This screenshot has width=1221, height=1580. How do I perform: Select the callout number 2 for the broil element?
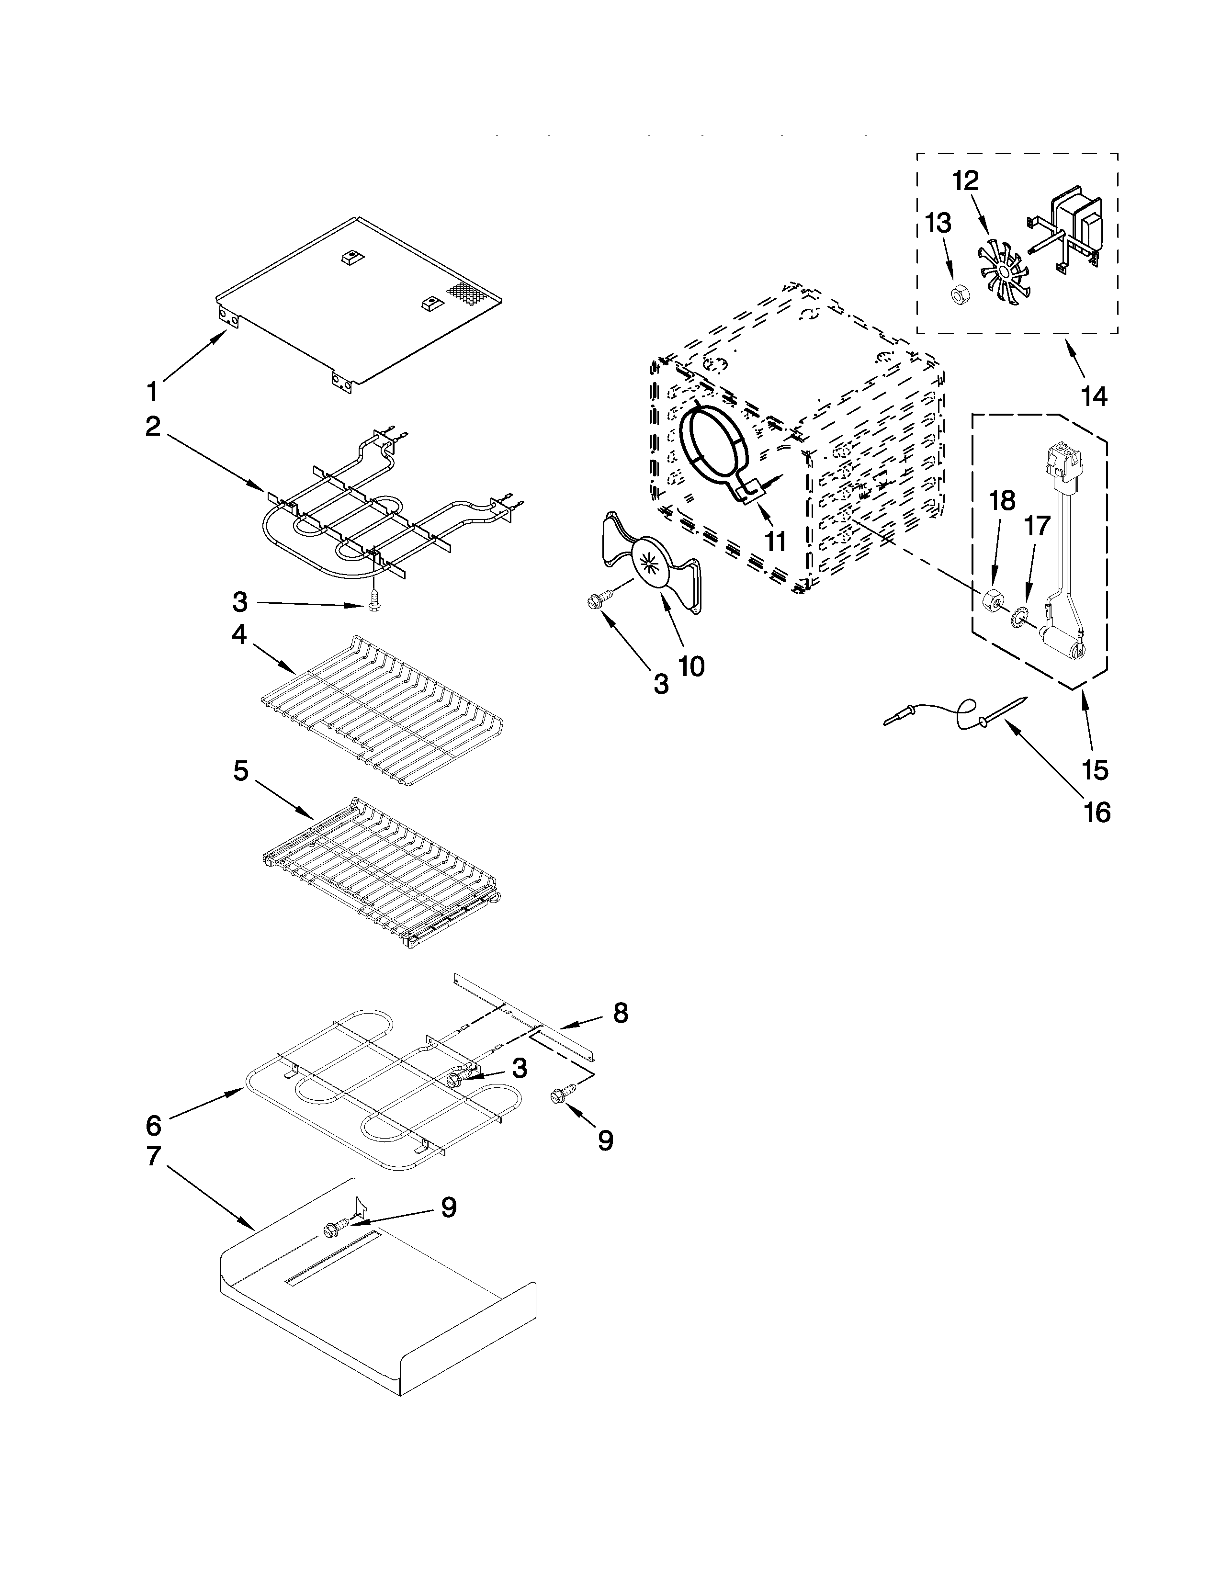click(x=153, y=426)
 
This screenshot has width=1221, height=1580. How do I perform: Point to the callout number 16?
click(x=1097, y=813)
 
